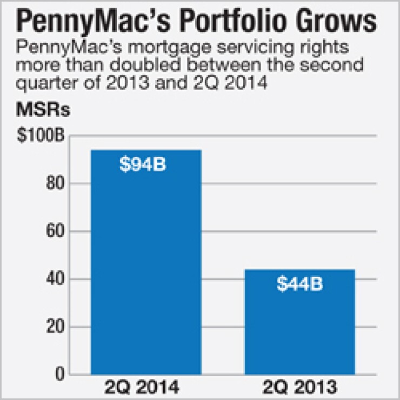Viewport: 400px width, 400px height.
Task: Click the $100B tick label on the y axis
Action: pos(41,136)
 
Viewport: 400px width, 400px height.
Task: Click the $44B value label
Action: pos(299,284)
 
